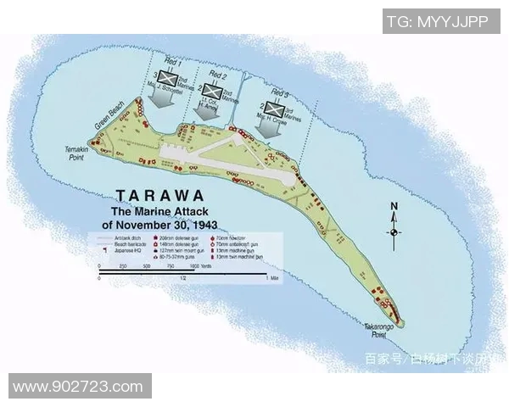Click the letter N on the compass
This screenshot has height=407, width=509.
click(394, 206)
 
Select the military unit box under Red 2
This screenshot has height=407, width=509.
click(215, 92)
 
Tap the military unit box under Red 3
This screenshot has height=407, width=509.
click(273, 108)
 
